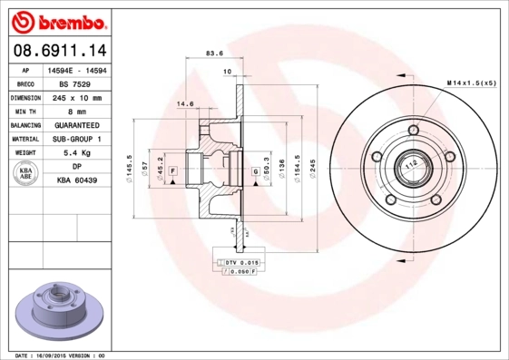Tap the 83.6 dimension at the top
pyautogui.click(x=216, y=53)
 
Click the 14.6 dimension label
pyautogui.click(x=185, y=104)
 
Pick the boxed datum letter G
pyautogui.click(x=255, y=170)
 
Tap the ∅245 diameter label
pyautogui.click(x=310, y=170)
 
